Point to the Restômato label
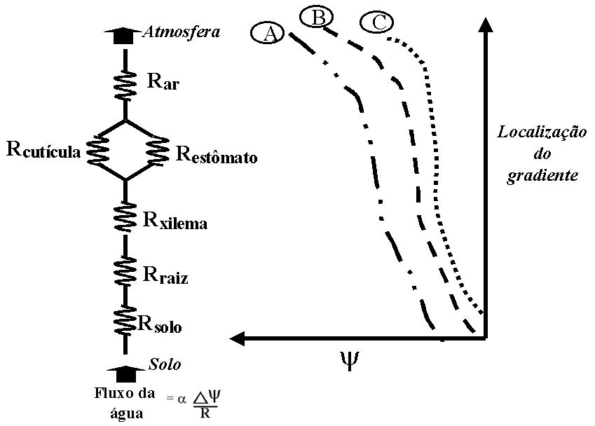tap(216, 153)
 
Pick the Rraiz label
tap(165, 275)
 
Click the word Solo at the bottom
tap(165, 365)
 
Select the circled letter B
tap(318, 17)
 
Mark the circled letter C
tap(378, 22)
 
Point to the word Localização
tap(542, 132)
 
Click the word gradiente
tap(543, 175)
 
